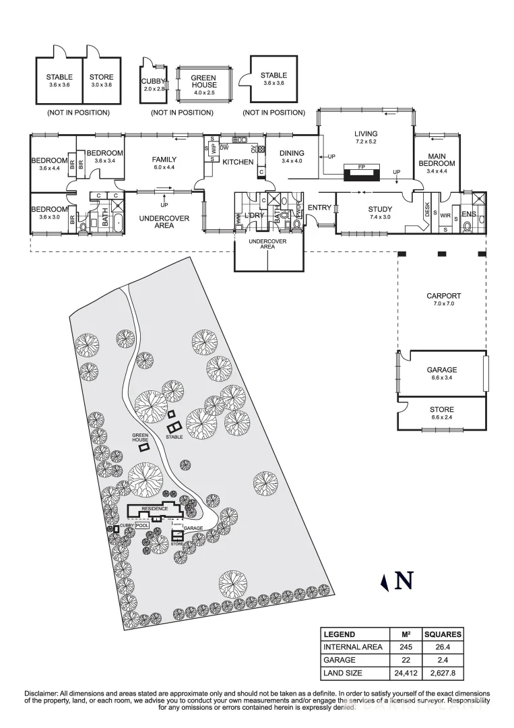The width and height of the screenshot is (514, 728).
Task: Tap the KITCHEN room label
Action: click(238, 162)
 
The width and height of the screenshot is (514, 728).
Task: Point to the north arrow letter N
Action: click(404, 581)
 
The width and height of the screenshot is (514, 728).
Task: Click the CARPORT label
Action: click(443, 296)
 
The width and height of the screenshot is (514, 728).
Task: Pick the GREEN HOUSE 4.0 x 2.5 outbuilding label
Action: click(203, 82)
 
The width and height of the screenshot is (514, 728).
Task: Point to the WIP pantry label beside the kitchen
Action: click(214, 150)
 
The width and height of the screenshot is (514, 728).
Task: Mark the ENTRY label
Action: click(319, 208)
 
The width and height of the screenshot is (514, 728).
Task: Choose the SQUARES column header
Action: click(443, 634)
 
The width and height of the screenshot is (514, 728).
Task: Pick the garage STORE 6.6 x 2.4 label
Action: click(442, 413)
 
